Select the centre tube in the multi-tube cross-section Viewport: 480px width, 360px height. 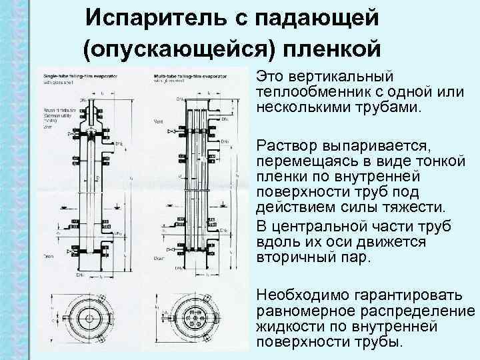pyautogui.click(x=197, y=319)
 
